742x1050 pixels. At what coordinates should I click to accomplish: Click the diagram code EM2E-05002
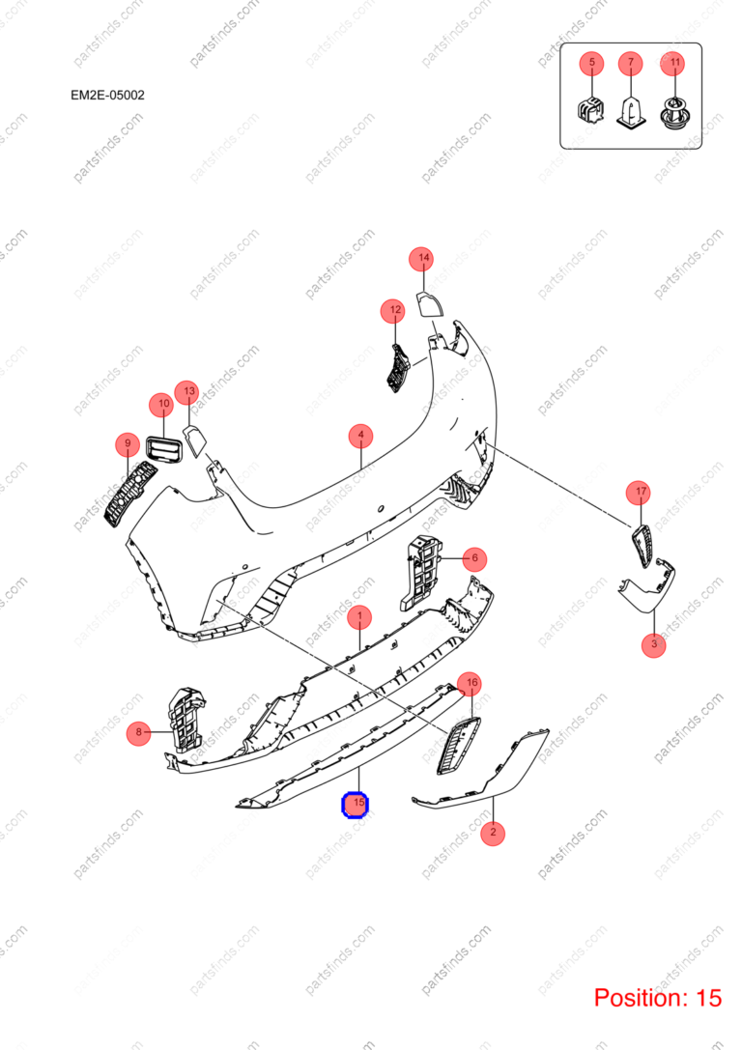point(107,95)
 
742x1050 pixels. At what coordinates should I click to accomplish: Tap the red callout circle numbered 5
point(591,63)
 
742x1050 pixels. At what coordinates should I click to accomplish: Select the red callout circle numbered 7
point(630,63)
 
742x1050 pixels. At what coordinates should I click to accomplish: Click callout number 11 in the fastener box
point(674,63)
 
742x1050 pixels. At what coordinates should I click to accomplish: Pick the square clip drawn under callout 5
point(590,109)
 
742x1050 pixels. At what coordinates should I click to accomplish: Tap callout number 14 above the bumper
point(423,258)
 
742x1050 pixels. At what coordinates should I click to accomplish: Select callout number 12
point(395,310)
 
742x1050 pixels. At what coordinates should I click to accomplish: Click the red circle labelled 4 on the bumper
point(361,436)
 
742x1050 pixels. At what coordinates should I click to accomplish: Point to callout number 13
point(188,392)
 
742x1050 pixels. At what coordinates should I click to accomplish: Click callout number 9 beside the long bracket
point(128,444)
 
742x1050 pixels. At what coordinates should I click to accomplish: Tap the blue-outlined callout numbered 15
point(355,805)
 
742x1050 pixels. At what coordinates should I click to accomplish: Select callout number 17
point(641,493)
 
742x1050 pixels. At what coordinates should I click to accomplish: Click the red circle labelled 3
point(654,645)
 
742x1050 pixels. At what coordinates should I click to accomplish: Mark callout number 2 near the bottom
point(493,833)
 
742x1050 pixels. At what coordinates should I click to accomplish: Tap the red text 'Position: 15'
point(658,998)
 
